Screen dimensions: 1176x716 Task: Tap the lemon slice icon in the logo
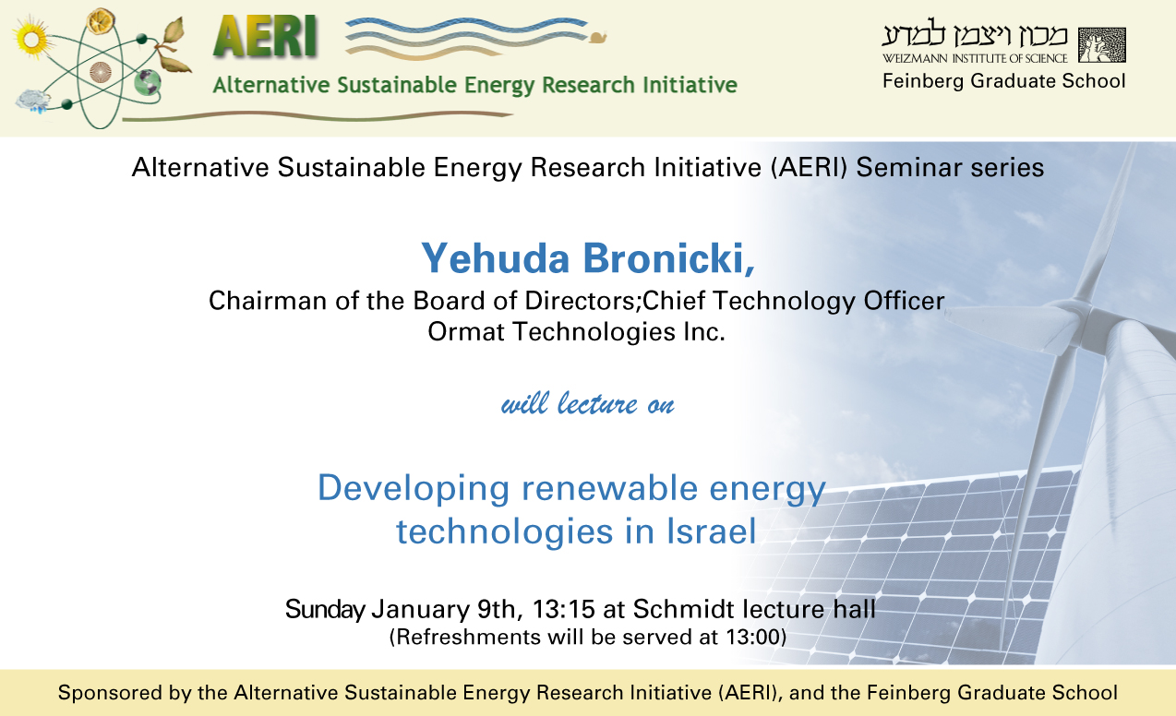pos(101,21)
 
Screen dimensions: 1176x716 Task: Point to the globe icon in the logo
pos(147,82)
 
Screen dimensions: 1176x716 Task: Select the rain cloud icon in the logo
pos(33,101)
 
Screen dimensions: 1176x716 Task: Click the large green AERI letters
pos(266,36)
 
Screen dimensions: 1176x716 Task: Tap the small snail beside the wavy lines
pos(598,37)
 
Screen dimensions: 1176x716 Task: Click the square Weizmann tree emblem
pos(1102,45)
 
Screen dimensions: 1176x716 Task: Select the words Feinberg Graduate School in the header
pos(1003,81)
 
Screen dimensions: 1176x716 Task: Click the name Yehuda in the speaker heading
pos(495,258)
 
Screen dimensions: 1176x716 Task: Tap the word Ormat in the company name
pos(466,332)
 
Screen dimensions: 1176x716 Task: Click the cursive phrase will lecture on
pos(587,403)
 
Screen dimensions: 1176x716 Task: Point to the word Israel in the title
pos(711,531)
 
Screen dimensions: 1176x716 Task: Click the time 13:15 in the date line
pos(564,610)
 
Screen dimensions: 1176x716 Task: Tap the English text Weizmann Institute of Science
pos(975,58)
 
